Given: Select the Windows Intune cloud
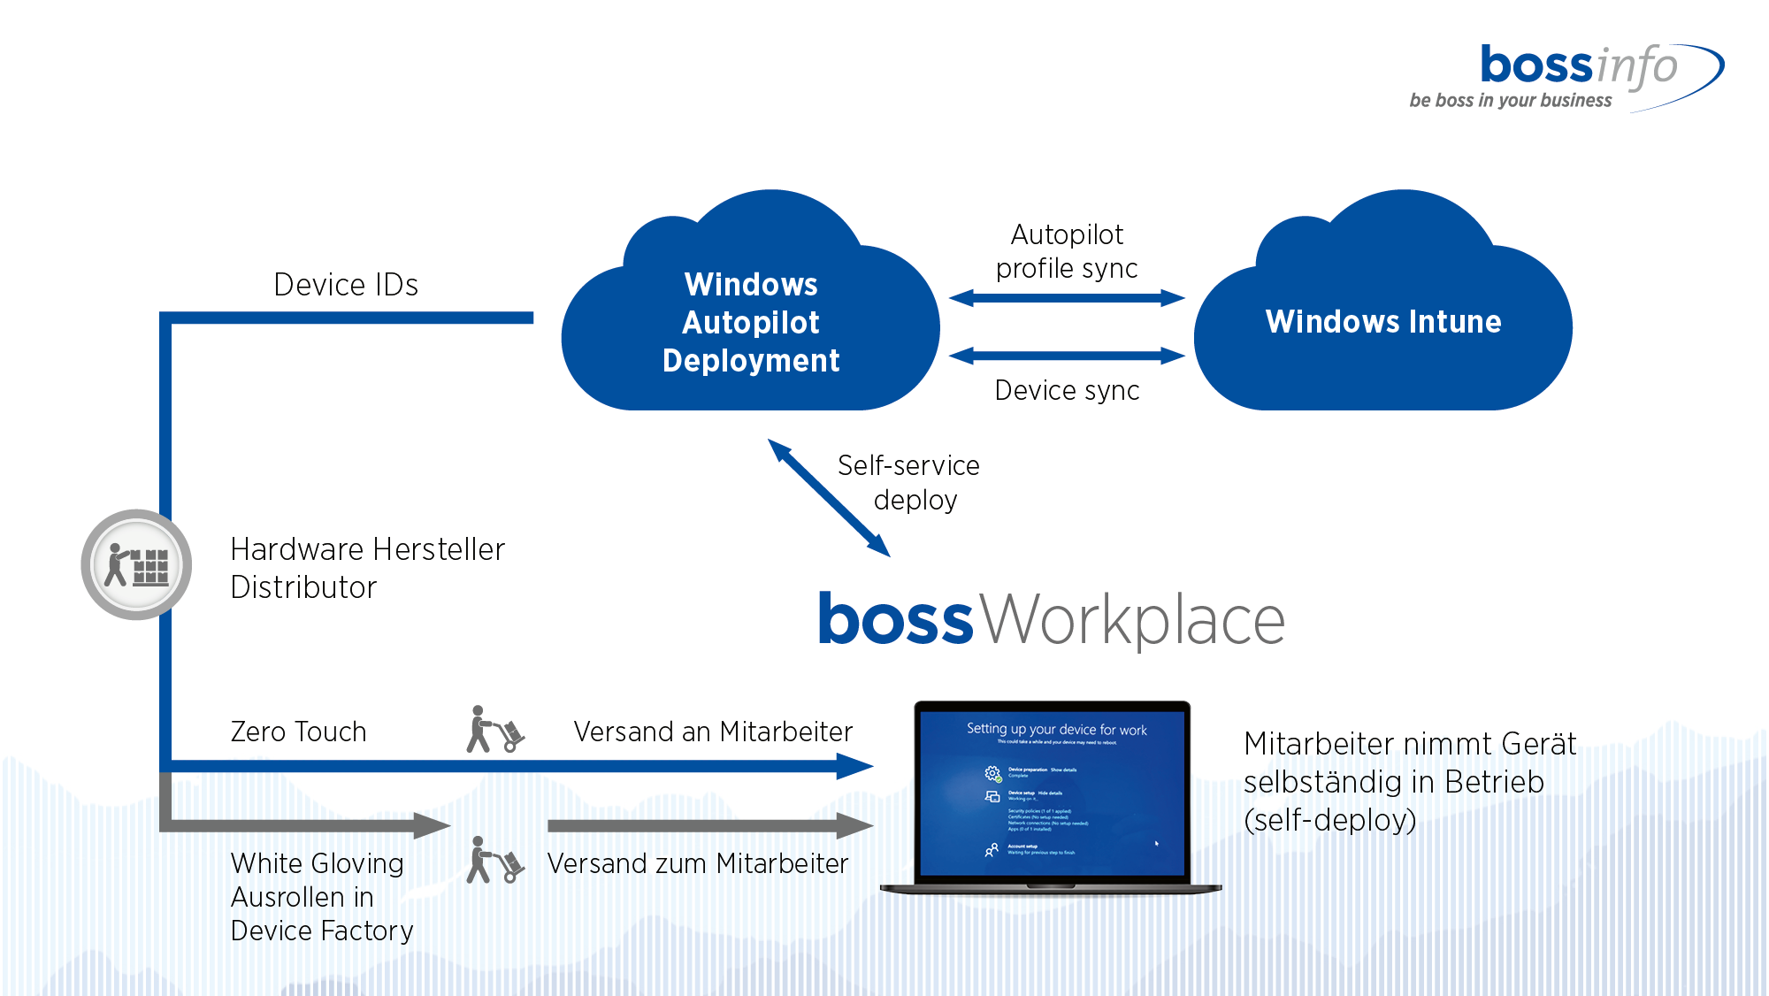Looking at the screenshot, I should (1382, 322).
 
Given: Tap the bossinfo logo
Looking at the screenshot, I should (1579, 66).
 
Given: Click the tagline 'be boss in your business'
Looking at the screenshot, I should (1510, 101).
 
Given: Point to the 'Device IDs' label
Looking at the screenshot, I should (346, 285).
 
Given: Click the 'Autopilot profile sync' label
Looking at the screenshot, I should (1067, 251).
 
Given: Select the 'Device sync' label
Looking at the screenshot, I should (1067, 390).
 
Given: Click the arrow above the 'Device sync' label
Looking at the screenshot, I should (1067, 356).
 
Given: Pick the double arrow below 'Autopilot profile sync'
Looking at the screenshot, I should (1067, 298).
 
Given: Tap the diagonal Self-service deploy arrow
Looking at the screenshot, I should (829, 498).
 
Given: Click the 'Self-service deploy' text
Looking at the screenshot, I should (909, 482).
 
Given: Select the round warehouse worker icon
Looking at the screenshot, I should (136, 564).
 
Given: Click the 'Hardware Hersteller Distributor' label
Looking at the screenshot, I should (367, 568).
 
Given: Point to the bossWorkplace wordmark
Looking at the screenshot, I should (1051, 619).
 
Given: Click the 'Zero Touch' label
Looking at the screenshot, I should (298, 732).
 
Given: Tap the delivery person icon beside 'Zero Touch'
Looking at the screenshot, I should (494, 730).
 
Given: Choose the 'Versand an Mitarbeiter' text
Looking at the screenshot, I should (713, 732).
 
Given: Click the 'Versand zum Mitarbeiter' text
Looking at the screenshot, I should (698, 863).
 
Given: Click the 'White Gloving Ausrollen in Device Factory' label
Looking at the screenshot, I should (321, 897).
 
